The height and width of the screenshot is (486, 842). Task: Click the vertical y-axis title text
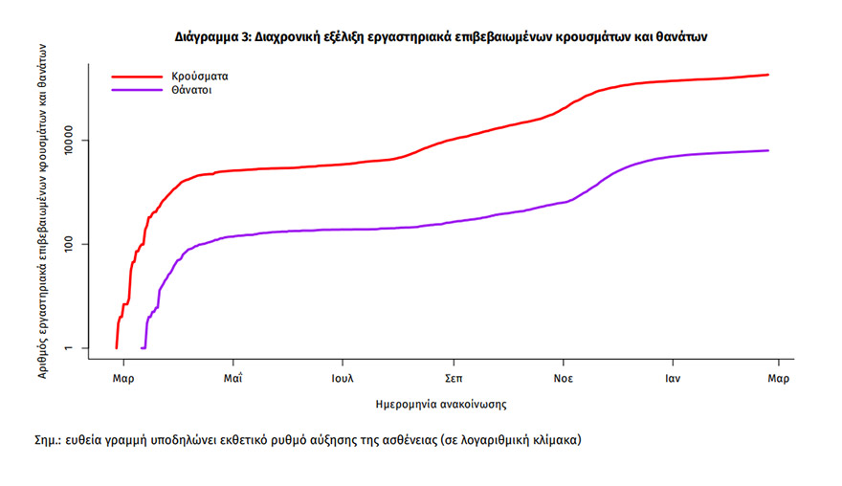[x=42, y=216]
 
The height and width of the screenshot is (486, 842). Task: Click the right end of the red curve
[x=768, y=75]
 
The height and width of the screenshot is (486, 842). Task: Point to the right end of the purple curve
[x=768, y=150]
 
